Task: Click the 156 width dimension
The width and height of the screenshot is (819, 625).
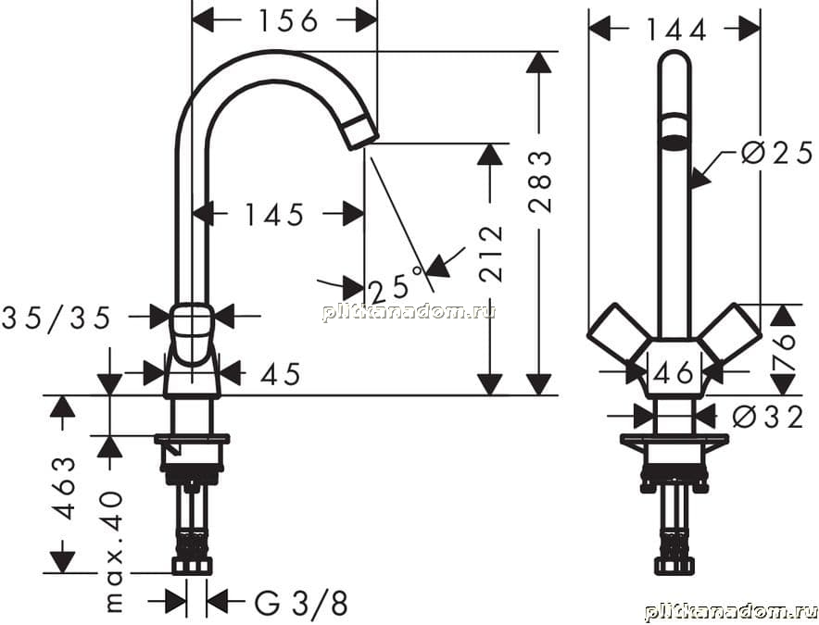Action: click(288, 21)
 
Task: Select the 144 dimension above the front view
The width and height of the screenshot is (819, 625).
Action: click(676, 30)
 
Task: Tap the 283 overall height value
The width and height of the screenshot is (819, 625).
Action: click(540, 181)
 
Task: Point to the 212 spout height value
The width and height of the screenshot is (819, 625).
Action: click(491, 254)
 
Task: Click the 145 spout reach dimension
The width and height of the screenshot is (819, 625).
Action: click(274, 215)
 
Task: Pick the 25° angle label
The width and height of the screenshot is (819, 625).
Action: click(396, 285)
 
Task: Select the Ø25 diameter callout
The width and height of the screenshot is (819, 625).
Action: click(777, 153)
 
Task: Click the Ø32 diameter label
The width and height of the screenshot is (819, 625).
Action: click(767, 418)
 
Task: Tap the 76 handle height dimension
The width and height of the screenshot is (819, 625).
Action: click(783, 353)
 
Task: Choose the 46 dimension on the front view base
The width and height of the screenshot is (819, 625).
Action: click(674, 373)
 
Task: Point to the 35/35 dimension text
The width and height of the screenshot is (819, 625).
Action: click(57, 318)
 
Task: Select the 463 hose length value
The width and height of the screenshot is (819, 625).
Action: click(65, 488)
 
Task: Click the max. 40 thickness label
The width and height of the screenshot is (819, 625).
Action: click(113, 552)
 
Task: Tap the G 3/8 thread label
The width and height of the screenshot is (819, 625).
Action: click(301, 603)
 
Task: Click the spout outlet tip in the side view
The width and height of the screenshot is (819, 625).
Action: click(360, 132)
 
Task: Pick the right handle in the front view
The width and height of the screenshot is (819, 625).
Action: click(730, 332)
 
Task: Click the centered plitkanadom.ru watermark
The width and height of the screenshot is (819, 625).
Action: click(409, 312)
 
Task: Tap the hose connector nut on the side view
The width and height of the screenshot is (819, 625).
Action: click(192, 566)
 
